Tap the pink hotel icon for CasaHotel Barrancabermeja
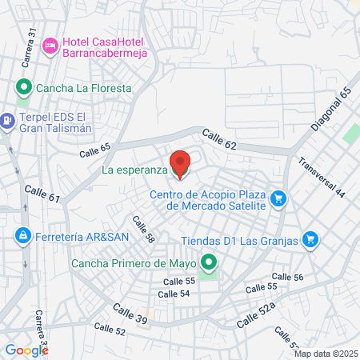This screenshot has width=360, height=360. [50, 46]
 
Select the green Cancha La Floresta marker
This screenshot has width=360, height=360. [24, 88]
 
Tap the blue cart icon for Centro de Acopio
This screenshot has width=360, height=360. [278, 198]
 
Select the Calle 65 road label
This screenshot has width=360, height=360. [94, 150]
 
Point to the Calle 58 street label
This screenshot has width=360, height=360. [143, 230]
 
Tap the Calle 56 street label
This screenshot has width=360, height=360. [287, 278]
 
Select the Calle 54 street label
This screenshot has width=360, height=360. [174, 294]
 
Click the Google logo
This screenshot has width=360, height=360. [26, 350]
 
